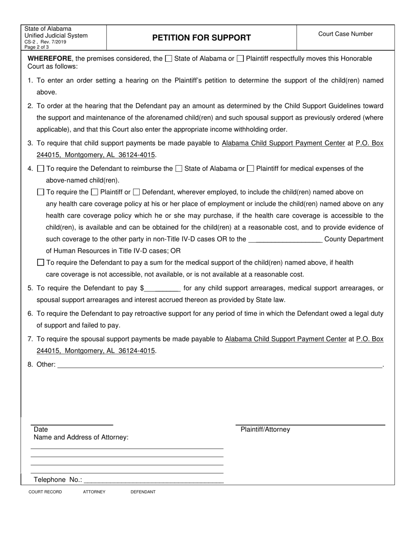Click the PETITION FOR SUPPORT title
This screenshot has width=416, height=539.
(201, 38)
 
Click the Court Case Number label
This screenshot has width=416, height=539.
(345, 34)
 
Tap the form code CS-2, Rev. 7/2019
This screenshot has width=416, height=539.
(46, 42)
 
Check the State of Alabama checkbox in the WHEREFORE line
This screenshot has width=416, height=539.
(169, 59)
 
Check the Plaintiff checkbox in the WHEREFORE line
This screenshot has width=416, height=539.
(240, 59)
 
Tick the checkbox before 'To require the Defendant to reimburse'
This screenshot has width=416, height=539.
(41, 169)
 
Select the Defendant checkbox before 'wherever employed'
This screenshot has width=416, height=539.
(136, 192)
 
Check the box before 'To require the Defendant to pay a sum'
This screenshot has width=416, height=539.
(41, 262)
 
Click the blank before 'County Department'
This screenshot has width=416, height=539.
(285, 240)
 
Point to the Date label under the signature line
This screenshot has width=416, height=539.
(41, 429)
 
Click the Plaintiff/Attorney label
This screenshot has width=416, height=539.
(265, 429)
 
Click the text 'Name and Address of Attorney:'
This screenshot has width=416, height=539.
(81, 437)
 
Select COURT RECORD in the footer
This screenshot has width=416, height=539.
(45, 492)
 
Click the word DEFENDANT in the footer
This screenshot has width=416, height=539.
(143, 492)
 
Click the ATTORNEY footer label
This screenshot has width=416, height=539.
(94, 492)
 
